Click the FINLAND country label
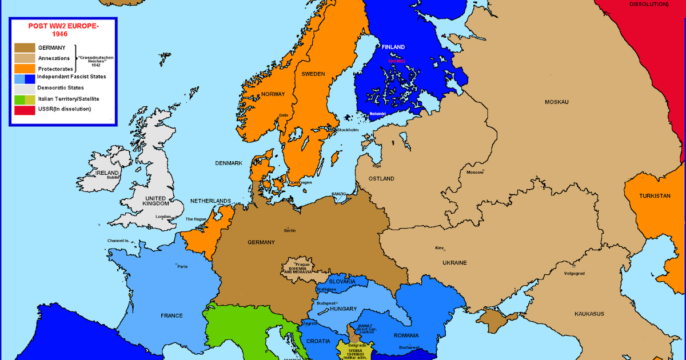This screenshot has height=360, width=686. click(x=393, y=47)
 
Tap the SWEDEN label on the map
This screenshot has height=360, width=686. click(x=313, y=74)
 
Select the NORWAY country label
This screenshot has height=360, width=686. click(x=273, y=94)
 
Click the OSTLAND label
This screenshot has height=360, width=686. click(x=381, y=179)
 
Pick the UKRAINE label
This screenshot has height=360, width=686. click(x=454, y=263)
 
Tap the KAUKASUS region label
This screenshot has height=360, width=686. click(x=589, y=314)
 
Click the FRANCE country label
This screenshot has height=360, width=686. click(x=171, y=315)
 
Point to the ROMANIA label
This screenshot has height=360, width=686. click(x=406, y=335)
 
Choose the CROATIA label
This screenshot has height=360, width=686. click(x=318, y=341)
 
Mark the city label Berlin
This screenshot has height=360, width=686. click(x=290, y=231)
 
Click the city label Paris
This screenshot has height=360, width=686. click(x=182, y=267)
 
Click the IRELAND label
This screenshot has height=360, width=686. click(x=107, y=173)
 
